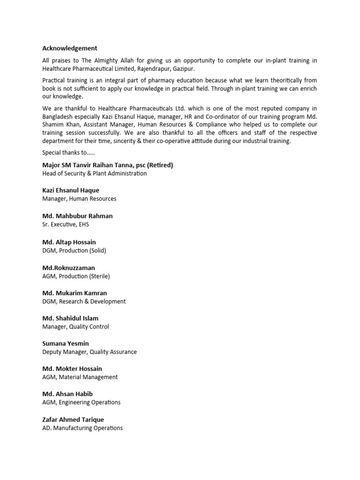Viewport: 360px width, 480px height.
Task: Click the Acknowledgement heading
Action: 70,48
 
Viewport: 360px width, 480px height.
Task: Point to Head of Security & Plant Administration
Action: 94,173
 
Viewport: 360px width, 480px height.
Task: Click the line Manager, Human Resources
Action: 79,199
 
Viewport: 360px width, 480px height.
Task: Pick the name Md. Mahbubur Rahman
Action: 77,216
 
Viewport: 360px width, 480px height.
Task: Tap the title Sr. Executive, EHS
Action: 65,225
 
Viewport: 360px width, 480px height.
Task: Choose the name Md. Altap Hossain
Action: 69,242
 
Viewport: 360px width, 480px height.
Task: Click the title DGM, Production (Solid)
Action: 74,250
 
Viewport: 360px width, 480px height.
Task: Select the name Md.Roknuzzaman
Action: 68,268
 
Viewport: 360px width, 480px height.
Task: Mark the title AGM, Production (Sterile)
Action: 76,276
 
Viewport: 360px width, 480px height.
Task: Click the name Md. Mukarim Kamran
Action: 75,293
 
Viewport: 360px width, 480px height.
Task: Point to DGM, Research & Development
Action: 84,301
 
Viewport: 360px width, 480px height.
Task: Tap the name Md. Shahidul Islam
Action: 70,318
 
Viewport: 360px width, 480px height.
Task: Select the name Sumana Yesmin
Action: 65,344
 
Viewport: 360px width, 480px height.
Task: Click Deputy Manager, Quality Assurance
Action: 90,352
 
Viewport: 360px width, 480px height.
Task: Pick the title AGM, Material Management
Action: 80,377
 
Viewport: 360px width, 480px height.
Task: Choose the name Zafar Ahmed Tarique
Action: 73,420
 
